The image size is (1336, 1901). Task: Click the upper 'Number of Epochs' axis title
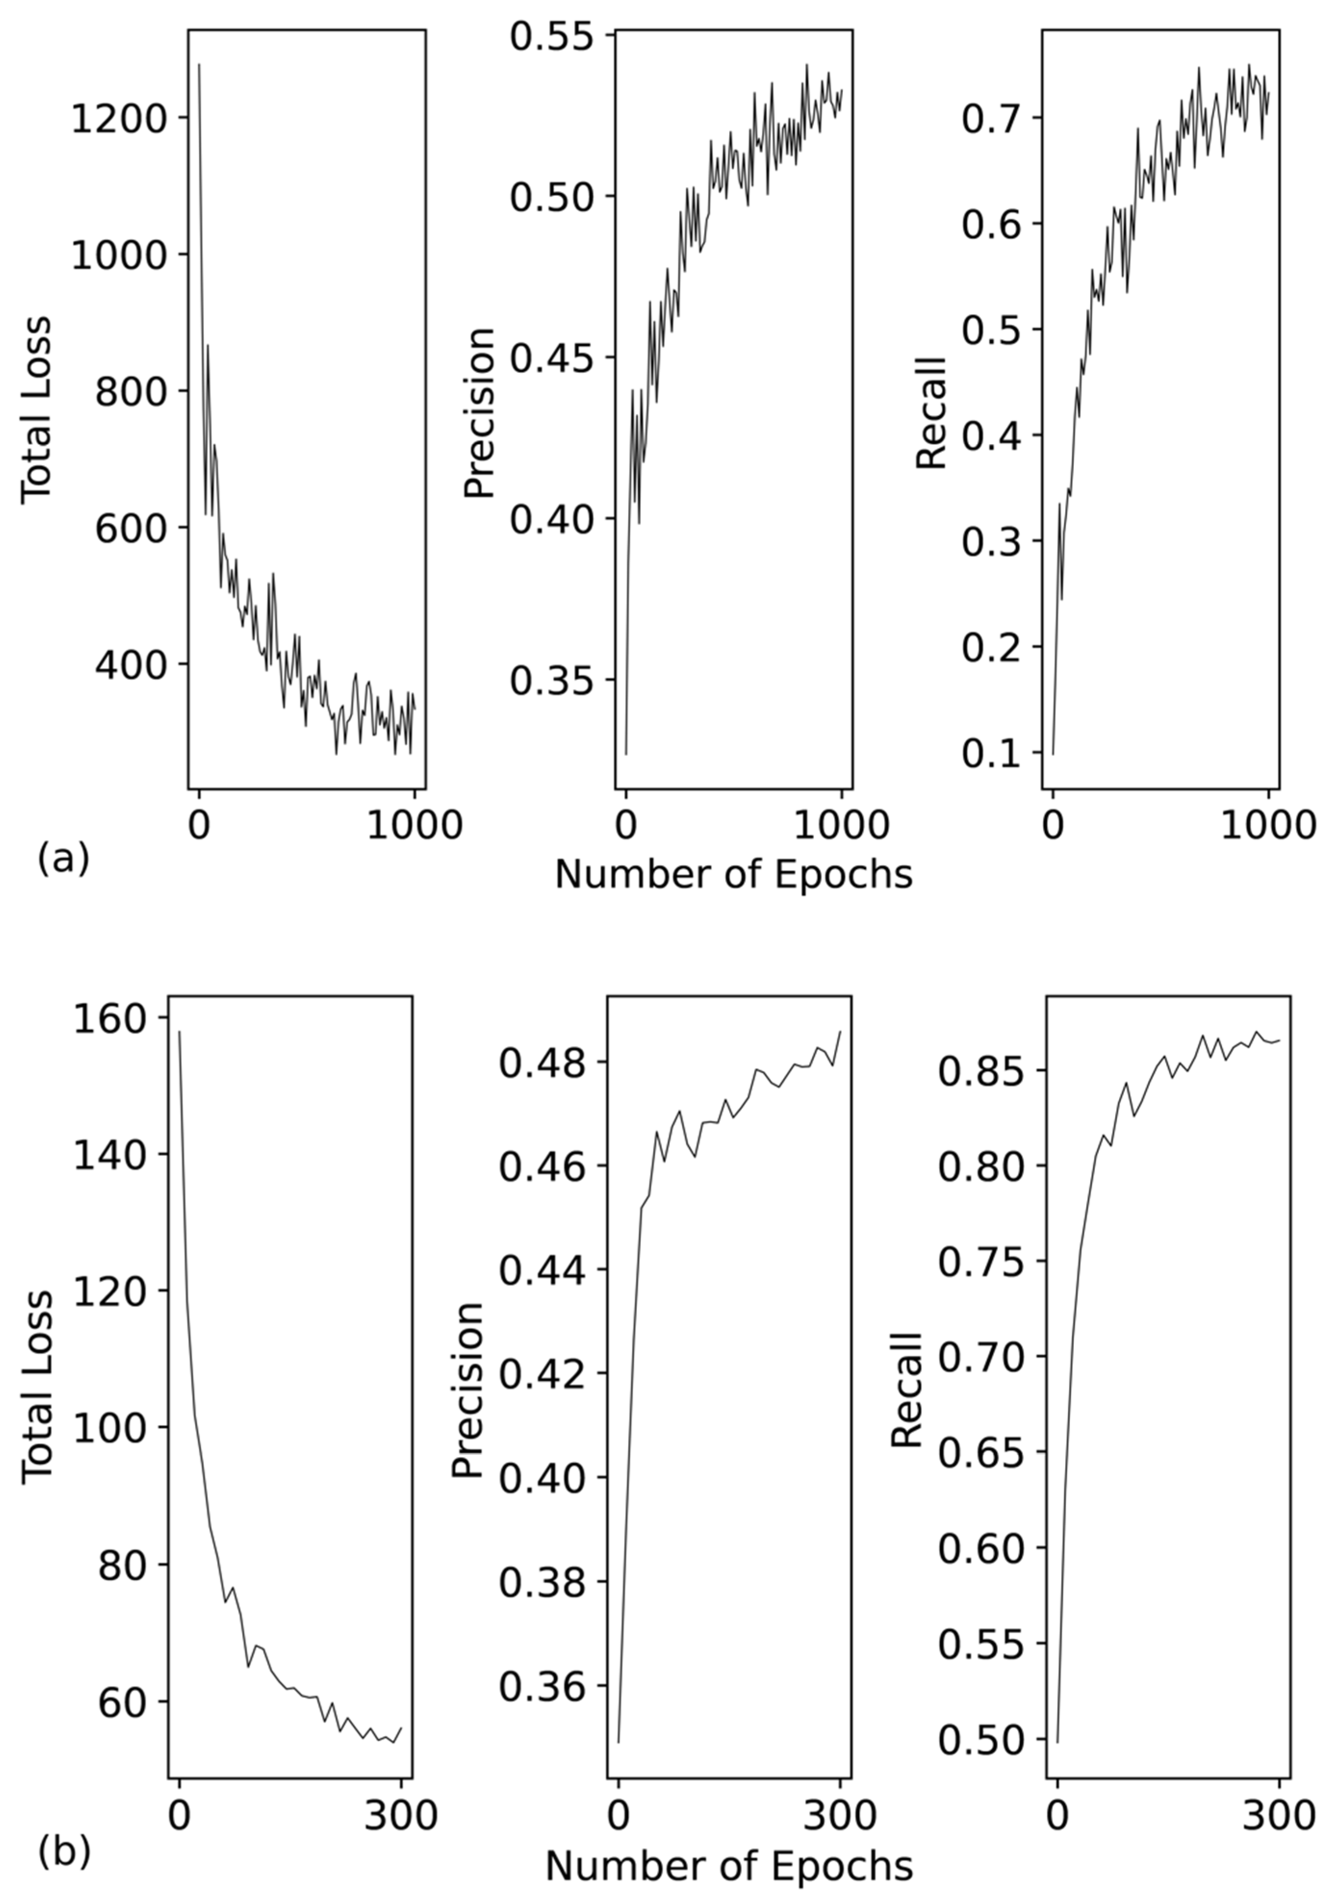click(733, 874)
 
